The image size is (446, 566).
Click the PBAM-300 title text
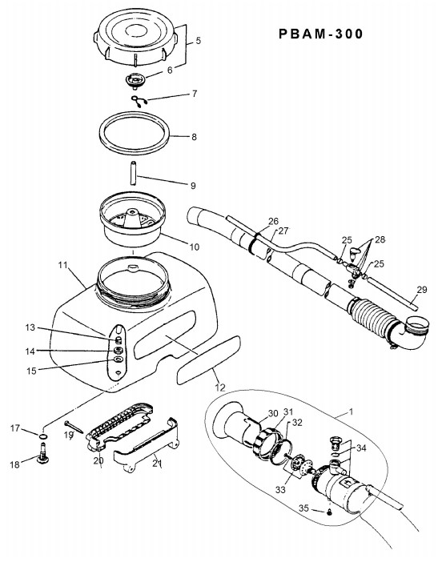coord(320,34)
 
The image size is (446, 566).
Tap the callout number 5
coord(199,40)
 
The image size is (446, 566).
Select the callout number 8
coord(194,137)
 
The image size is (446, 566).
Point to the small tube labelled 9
coord(134,173)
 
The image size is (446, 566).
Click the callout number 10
coord(195,247)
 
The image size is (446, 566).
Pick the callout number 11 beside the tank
coord(62,265)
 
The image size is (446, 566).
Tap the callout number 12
coord(220,387)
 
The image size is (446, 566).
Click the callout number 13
coord(30,327)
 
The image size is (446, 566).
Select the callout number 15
coord(31,371)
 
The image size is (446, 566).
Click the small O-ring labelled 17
coord(43,437)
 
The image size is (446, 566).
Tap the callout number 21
coord(156,463)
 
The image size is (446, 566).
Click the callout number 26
coord(273,221)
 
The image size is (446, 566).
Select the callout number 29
coord(421,290)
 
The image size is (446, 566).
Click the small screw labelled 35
coord(329,512)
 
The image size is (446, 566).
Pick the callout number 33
coord(280,489)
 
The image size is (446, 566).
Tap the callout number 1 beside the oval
coord(351,411)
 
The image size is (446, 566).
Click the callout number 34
coord(361,448)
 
